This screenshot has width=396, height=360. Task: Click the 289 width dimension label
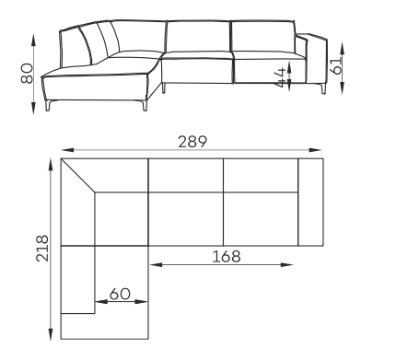tap(192, 142)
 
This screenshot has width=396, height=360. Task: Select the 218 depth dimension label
tap(42, 249)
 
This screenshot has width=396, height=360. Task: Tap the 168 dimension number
tap(227, 257)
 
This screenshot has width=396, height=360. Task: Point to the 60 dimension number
tap(120, 294)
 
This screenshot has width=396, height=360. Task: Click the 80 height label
tap(27, 74)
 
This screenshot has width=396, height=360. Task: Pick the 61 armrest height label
tap(337, 65)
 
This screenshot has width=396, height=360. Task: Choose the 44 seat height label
tap(280, 77)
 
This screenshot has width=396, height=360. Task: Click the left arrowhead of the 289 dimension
tap(67, 150)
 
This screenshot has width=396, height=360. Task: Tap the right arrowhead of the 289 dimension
tap(315, 150)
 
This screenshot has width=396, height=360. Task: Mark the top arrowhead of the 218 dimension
tap(51, 165)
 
